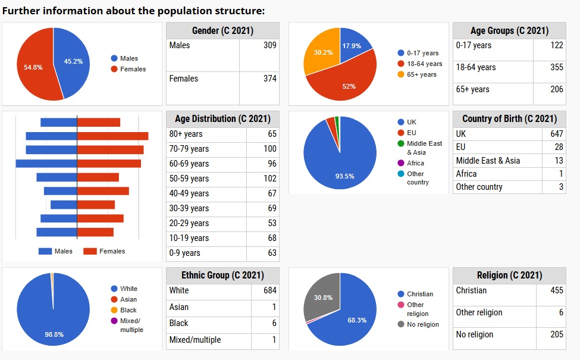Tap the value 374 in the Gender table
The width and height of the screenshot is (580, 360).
click(269, 79)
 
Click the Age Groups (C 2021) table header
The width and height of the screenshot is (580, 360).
click(509, 31)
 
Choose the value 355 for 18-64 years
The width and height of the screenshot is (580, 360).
click(556, 67)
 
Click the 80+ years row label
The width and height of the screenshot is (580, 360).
click(186, 134)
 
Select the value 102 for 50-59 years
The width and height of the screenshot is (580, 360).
click(269, 179)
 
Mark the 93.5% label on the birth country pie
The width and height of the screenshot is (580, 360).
click(344, 176)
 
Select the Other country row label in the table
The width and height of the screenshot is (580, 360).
click(479, 187)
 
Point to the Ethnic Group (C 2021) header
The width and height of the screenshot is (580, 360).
click(222, 276)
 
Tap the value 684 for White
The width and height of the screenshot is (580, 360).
click(269, 290)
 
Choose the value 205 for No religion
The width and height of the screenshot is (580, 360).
click(556, 334)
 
